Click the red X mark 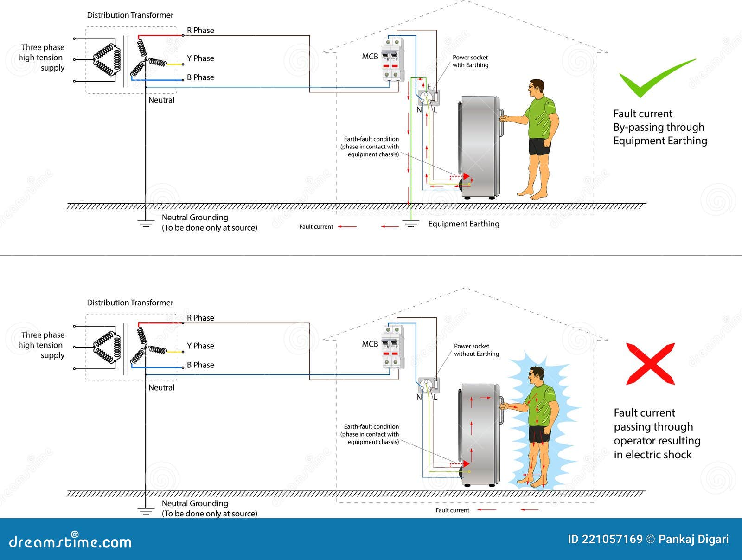pyautogui.click(x=650, y=364)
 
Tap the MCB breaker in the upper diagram pyautogui.click(x=393, y=59)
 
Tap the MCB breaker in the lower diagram pyautogui.click(x=393, y=347)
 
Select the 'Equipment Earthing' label pyautogui.click(x=463, y=224)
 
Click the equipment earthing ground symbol pyautogui.click(x=411, y=224)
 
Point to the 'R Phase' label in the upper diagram pyautogui.click(x=200, y=31)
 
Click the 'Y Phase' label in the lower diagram pyautogui.click(x=200, y=346)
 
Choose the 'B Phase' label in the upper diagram pyautogui.click(x=200, y=77)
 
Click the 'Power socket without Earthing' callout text pyautogui.click(x=476, y=350)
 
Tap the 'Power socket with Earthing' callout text pyautogui.click(x=471, y=61)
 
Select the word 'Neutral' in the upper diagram pyautogui.click(x=161, y=100)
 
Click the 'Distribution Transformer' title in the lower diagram pyautogui.click(x=130, y=303)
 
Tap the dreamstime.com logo pyautogui.click(x=70, y=540)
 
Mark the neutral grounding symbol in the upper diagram pyautogui.click(x=146, y=224)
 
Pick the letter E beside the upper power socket pyautogui.click(x=429, y=86)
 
